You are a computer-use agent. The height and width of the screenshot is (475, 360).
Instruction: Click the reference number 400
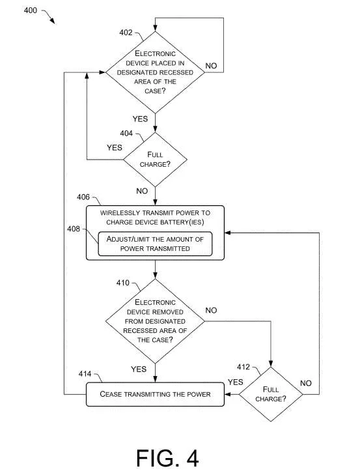coord(31,10)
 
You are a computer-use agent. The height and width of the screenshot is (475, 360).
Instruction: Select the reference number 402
coord(126,33)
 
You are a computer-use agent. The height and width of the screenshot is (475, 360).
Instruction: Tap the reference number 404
coord(126,134)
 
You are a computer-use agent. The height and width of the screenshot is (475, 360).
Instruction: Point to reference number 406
coord(83,197)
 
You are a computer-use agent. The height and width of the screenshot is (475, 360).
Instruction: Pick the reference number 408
coord(74,229)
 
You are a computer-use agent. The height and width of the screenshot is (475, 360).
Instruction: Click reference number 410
coord(122,283)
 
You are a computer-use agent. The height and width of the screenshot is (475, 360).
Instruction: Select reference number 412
coord(243,367)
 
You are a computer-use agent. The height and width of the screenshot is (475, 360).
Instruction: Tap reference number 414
coord(85,374)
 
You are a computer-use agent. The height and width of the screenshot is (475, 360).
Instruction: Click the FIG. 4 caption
coord(167,457)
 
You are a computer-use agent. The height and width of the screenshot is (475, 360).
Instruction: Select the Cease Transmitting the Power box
coord(155,394)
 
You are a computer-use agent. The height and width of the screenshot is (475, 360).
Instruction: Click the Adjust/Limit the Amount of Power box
coord(155,244)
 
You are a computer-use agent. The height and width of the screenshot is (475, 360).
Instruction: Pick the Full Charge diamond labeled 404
coord(155,160)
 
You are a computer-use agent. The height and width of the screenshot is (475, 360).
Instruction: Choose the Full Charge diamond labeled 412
coord(271,394)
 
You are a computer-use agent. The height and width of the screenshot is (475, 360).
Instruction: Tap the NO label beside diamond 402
coord(211,66)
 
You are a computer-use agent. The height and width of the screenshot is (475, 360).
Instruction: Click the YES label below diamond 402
coord(140,119)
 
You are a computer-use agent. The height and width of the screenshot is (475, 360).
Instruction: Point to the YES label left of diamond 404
coord(115,147)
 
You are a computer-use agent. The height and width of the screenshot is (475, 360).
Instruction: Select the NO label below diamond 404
coord(142,191)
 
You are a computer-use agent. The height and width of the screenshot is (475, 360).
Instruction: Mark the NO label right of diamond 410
coord(211,310)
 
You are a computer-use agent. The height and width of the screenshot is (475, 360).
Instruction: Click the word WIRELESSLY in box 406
coord(120,212)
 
